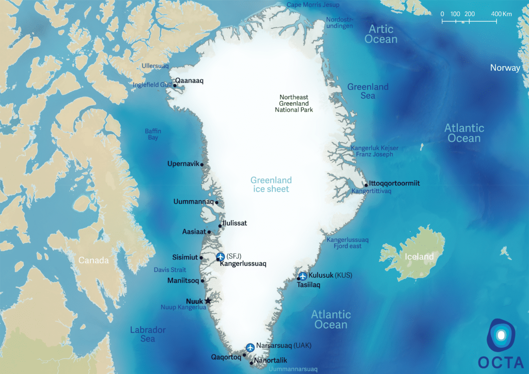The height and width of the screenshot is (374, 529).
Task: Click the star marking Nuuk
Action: click(208, 300)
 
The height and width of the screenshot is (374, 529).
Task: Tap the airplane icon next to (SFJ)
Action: click(221, 256)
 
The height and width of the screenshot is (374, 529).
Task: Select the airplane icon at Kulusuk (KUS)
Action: click(303, 275)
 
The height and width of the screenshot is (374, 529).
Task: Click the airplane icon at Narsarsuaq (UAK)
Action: click(251, 347)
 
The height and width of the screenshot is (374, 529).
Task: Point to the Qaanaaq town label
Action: click(190, 80)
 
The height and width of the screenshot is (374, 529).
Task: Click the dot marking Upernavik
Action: click(202, 165)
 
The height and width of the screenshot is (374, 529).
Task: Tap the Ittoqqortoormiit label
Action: click(395, 183)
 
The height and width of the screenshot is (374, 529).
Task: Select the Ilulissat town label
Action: click(235, 223)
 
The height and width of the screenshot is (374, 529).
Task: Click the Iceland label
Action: click(419, 256)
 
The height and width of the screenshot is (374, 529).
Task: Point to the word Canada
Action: click(94, 260)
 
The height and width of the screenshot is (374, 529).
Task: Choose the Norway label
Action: click(505, 68)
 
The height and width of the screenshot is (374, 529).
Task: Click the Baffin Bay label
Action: click(153, 134)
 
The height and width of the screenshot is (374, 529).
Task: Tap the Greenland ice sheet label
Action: click(271, 185)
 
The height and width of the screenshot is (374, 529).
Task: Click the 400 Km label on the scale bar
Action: click(501, 13)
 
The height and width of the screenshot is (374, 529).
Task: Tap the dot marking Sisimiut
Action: click(201, 257)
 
